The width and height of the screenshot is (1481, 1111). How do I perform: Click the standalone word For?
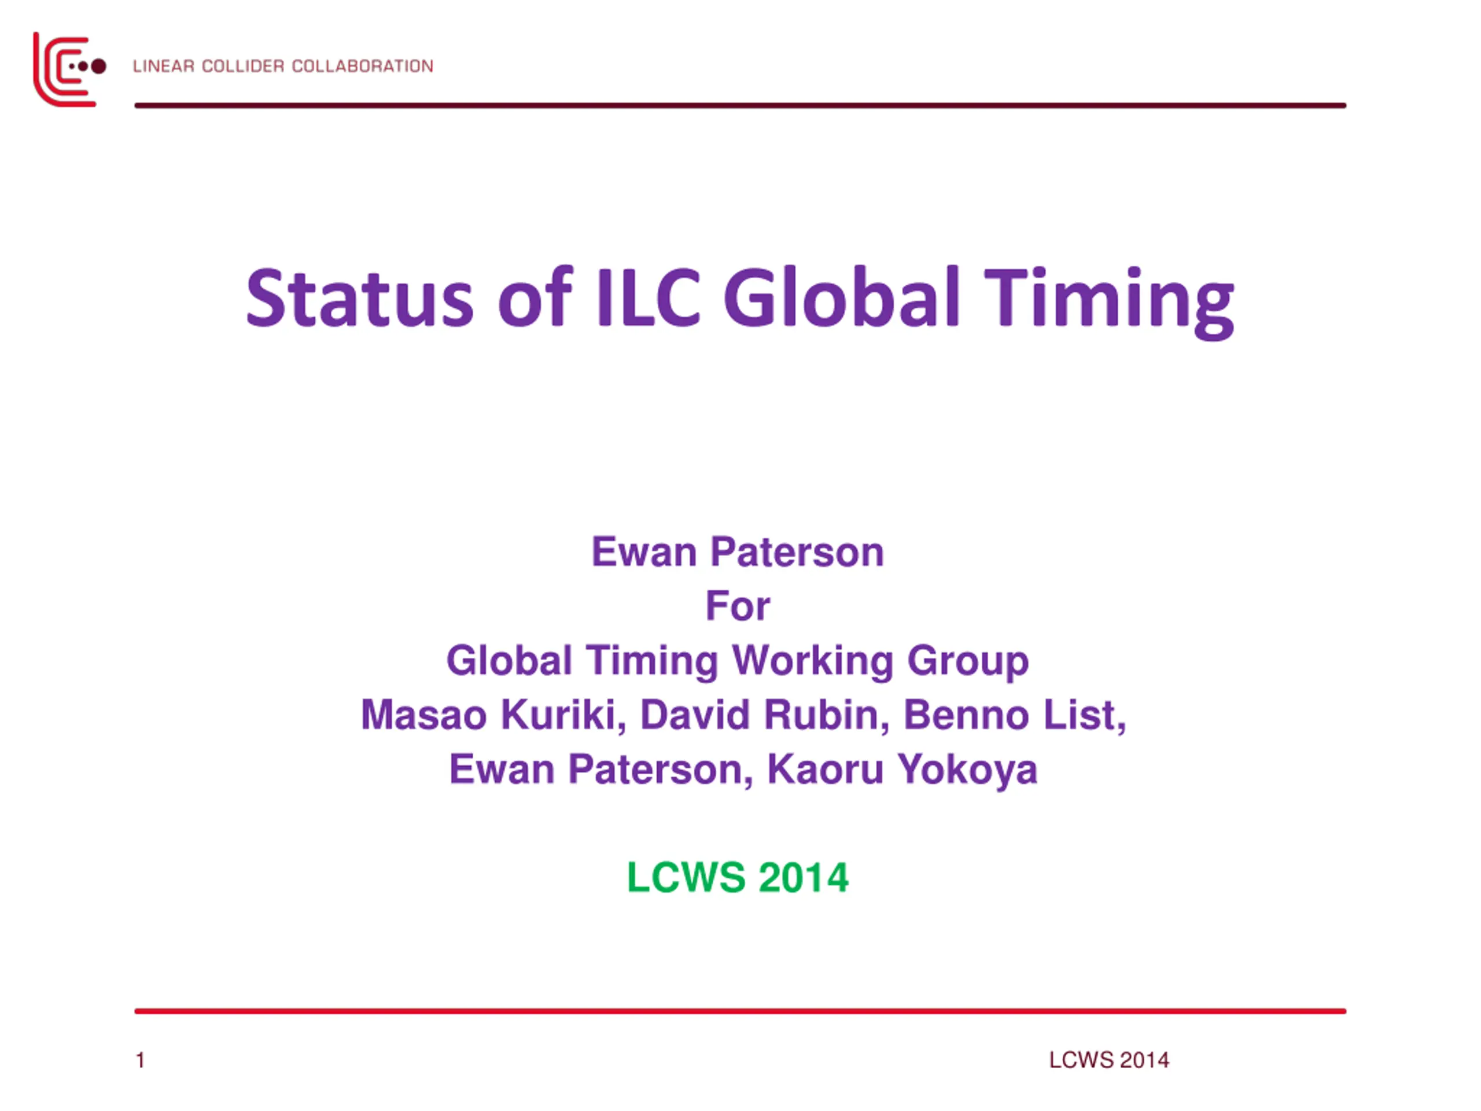tap(738, 606)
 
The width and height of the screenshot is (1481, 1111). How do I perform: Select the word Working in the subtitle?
tap(813, 661)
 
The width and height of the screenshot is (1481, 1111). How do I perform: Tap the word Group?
tap(968, 661)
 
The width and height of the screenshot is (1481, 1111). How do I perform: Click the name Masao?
tap(424, 715)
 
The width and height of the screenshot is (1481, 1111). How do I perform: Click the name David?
tap(695, 715)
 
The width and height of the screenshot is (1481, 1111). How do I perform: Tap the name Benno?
tap(967, 715)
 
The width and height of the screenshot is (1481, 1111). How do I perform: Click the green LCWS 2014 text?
tap(738, 877)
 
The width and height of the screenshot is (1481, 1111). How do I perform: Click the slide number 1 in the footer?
tap(141, 1060)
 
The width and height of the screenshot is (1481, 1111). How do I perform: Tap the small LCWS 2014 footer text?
tap(1109, 1060)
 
